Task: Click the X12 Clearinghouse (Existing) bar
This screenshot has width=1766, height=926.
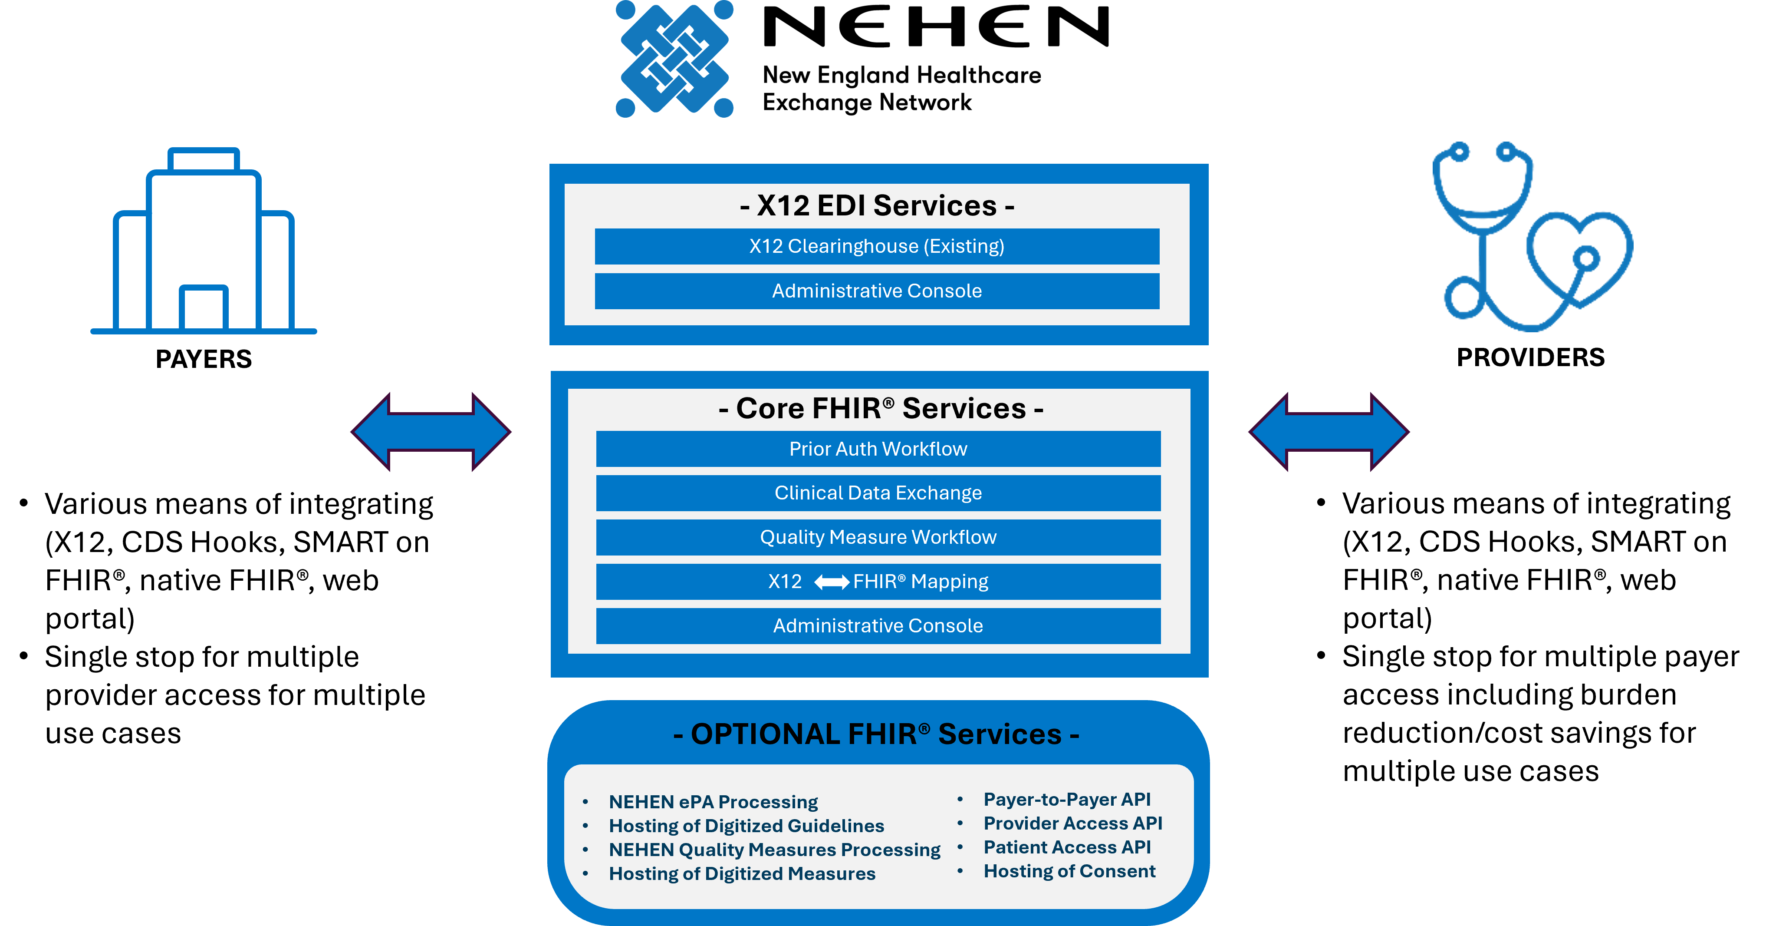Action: [877, 246]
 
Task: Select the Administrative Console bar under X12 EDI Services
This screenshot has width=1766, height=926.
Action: [877, 291]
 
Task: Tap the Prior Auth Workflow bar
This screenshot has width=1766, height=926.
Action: [878, 449]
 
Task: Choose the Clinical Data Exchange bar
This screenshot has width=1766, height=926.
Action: [878, 493]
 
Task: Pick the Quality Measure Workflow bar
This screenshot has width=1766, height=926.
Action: [878, 537]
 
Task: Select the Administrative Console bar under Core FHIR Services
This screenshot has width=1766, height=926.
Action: [878, 625]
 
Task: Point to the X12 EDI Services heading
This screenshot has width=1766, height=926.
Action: [877, 206]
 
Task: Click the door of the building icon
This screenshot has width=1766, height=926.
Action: [204, 309]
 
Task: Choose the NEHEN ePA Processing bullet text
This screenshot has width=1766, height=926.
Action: [713, 802]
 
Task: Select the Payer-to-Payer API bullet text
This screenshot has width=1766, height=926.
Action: [1067, 799]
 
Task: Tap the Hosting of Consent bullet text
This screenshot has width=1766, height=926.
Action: [1069, 871]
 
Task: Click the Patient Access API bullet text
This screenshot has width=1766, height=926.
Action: [1067, 847]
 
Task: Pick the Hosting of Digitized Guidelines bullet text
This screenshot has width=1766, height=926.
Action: [746, 826]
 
